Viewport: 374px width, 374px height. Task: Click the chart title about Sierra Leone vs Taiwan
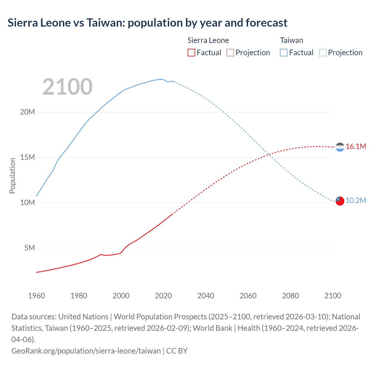point(148,23)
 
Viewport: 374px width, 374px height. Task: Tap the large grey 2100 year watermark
point(67,87)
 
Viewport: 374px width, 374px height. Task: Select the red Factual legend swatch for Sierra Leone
point(191,53)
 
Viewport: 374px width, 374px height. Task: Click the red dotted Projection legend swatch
point(230,53)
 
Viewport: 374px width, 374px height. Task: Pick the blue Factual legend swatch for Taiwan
point(284,53)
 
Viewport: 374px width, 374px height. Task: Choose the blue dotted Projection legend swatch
point(323,53)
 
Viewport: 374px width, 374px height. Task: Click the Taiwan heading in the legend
point(291,40)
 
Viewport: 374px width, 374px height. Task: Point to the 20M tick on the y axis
point(27,112)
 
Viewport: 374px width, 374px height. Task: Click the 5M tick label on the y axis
point(30,248)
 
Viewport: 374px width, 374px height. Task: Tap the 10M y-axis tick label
point(27,202)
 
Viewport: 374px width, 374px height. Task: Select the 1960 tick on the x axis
point(37,296)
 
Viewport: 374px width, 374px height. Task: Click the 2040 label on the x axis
point(206,296)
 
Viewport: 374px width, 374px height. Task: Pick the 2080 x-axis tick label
point(290,296)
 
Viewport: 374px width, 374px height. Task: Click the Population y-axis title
point(12,176)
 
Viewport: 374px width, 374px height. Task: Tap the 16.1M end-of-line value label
point(356,147)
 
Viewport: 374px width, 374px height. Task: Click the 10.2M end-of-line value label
point(356,201)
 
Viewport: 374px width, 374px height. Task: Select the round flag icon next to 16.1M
point(340,147)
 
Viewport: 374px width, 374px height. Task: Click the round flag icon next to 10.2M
point(340,201)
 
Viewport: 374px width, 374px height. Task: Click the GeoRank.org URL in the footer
point(86,351)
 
